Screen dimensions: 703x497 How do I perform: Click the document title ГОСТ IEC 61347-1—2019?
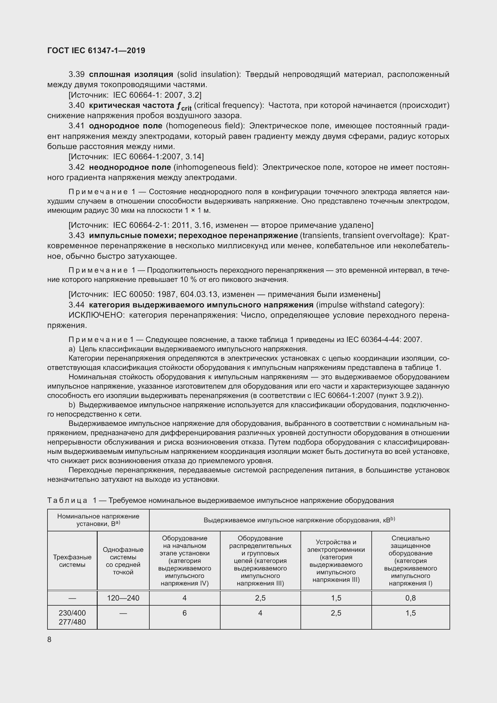click(96, 50)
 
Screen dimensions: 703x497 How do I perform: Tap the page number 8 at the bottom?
click(50, 639)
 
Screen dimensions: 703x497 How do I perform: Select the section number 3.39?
click(76, 75)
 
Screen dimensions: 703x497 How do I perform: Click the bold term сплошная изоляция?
click(131, 75)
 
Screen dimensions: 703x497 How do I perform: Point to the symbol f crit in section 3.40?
click(184, 106)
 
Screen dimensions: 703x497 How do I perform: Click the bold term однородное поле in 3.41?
click(126, 126)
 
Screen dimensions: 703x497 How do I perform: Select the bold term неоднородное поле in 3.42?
click(130, 167)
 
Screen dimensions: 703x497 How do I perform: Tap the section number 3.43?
click(76, 235)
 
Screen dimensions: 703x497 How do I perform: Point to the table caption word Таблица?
click(67, 500)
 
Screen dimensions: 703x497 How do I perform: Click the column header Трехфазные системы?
click(72, 561)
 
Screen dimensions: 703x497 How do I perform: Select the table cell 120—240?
click(123, 598)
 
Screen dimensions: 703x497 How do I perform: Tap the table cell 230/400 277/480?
click(72, 617)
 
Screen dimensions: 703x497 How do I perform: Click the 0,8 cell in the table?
click(410, 598)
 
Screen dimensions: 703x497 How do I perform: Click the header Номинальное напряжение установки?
click(98, 520)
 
